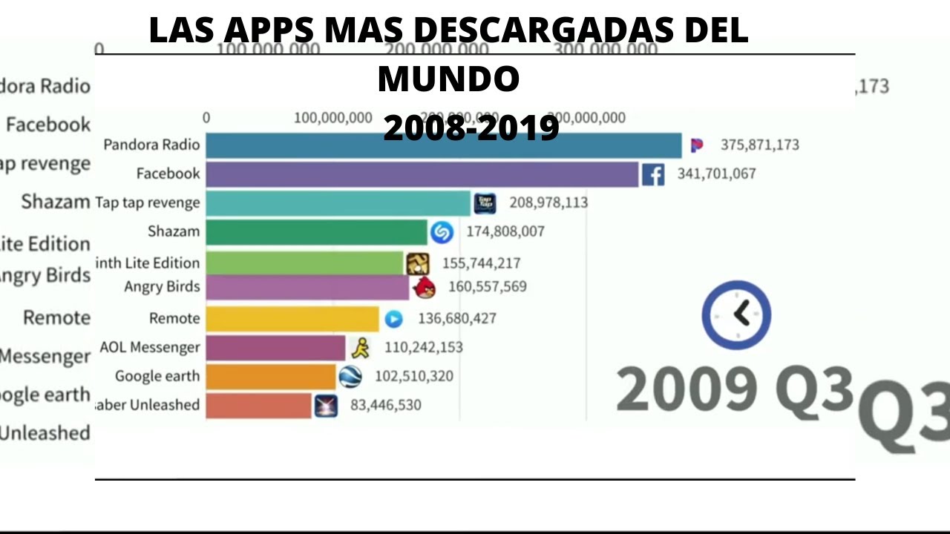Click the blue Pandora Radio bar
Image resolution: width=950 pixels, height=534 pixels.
tap(443, 145)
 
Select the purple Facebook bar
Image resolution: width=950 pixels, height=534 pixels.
tap(422, 174)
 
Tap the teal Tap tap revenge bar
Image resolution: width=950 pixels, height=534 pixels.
tap(338, 203)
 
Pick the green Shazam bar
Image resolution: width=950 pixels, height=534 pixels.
tap(316, 232)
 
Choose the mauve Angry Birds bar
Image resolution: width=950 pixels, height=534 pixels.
tap(307, 287)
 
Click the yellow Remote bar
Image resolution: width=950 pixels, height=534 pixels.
tap(292, 319)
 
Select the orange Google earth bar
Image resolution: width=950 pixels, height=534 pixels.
tap(270, 377)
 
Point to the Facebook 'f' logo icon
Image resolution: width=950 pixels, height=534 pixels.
tap(653, 175)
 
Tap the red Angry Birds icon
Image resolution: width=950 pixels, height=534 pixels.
tap(425, 288)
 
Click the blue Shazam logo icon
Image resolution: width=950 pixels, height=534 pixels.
tap(442, 233)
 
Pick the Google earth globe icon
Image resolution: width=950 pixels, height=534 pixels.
tap(350, 377)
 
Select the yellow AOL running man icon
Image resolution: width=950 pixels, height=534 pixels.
tap(361, 348)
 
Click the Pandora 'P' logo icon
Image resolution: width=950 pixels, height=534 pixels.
tap(696, 145)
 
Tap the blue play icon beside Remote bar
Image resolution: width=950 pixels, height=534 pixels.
tap(393, 319)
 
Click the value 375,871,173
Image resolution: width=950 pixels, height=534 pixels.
tap(759, 145)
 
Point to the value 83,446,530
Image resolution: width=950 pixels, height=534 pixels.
tap(385, 405)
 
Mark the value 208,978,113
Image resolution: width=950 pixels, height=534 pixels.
tap(548, 202)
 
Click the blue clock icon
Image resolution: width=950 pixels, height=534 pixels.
tap(736, 314)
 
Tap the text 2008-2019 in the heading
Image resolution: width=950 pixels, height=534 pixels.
tap(471, 128)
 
